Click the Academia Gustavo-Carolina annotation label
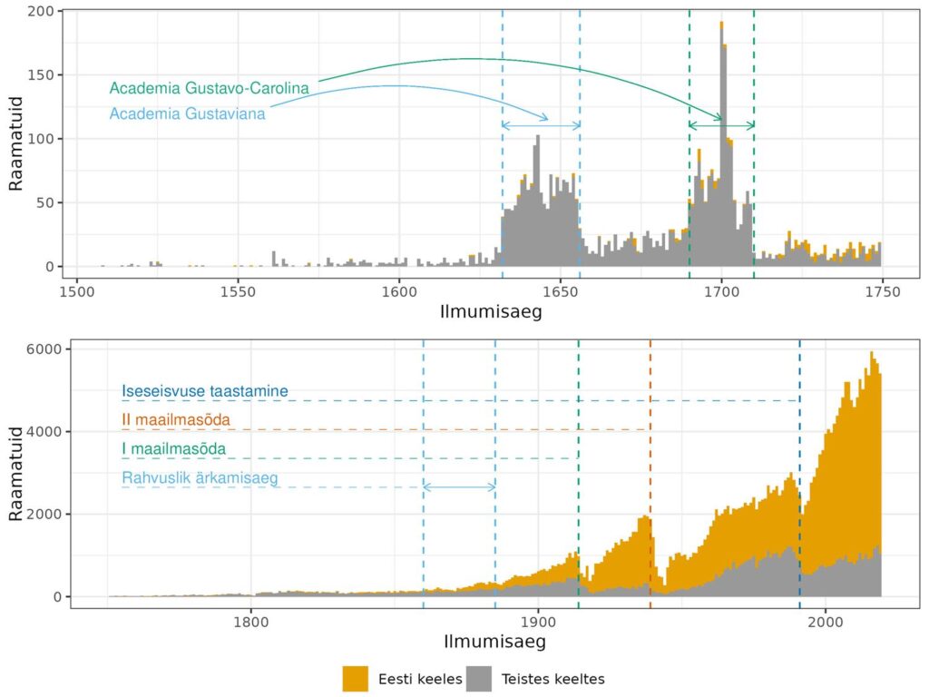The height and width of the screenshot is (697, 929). coord(210,88)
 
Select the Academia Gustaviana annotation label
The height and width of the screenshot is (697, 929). coord(189,113)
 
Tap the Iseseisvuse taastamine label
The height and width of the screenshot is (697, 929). coord(205,392)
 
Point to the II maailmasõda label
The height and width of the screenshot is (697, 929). coord(176,420)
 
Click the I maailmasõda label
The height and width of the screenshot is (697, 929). coord(173,449)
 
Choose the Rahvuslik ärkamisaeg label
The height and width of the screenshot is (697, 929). coord(200,478)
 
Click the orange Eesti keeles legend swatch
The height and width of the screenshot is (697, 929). coord(355,678)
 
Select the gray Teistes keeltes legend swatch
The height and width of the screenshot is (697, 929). coord(478,678)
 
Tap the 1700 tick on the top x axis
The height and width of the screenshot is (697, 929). coord(721,292)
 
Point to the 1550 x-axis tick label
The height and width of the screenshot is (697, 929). coord(238,292)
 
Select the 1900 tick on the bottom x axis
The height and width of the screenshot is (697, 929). coord(537,623)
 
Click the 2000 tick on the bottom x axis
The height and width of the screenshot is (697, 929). coord(825,623)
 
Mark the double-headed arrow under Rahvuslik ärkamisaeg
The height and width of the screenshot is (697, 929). coord(459,487)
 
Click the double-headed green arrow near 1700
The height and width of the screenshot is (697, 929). coord(721,125)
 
